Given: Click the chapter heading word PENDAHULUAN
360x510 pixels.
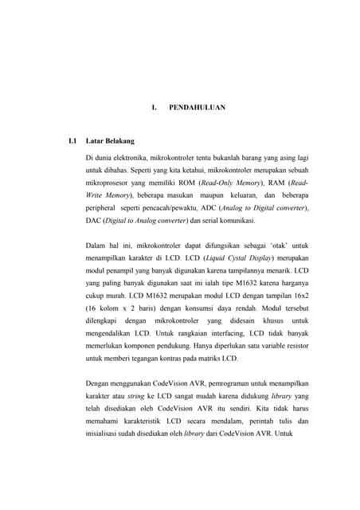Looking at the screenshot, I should click(x=198, y=107).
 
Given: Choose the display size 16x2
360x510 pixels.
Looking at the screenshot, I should click(x=298, y=296).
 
